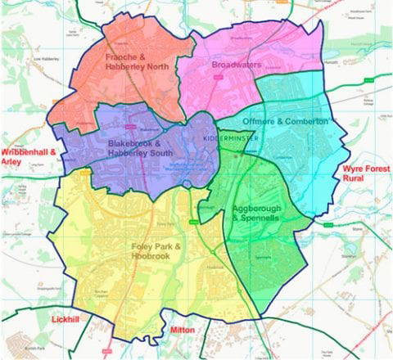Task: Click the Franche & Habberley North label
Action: coord(137,62)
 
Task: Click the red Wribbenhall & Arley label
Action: coord(28,158)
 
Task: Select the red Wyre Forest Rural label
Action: coord(364,174)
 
